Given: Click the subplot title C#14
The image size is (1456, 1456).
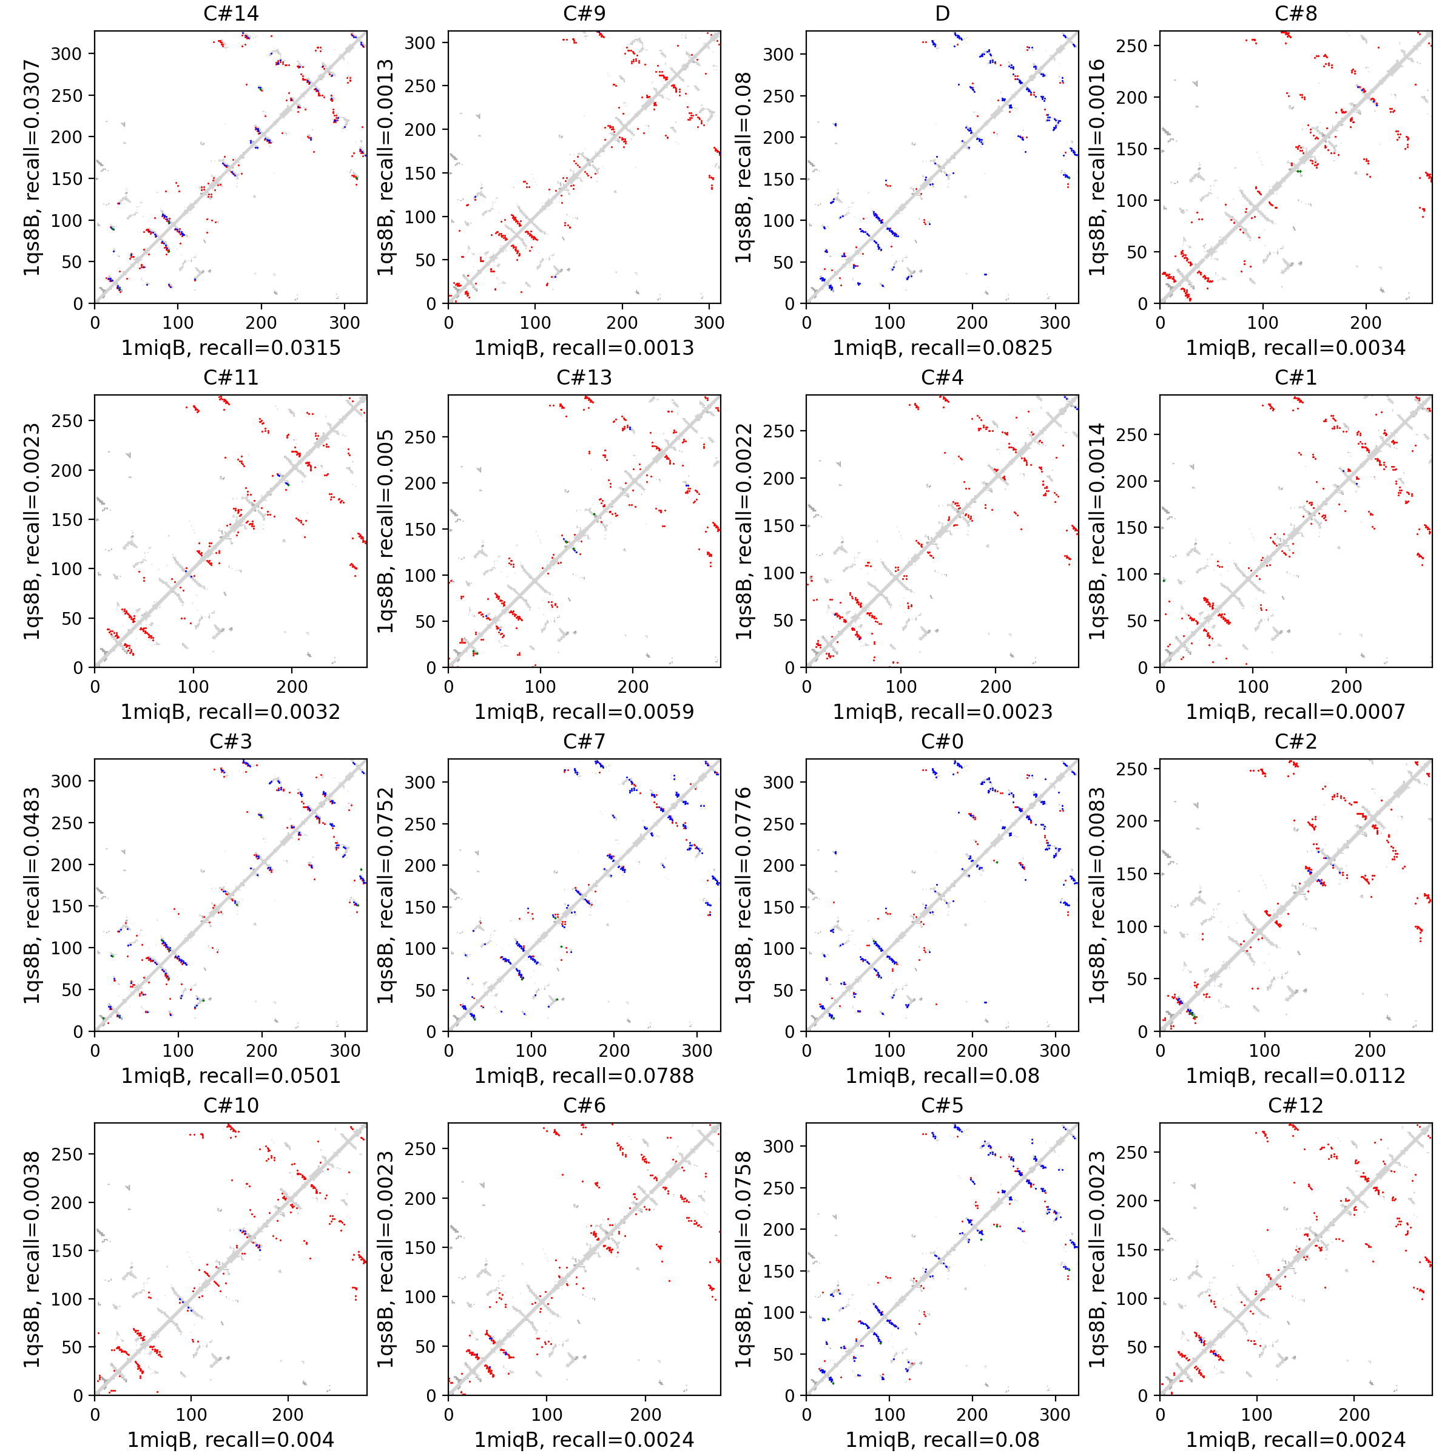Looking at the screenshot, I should [x=231, y=13].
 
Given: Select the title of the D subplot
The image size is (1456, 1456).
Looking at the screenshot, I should [x=942, y=13].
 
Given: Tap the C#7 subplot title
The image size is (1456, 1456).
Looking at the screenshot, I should [x=584, y=741].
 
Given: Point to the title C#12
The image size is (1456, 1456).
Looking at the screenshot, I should [x=1295, y=1105].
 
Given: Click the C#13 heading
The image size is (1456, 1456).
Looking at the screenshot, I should [x=584, y=377].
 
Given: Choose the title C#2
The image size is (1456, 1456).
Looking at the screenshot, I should [x=1295, y=741].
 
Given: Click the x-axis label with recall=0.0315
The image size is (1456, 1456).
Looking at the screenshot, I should [x=231, y=348].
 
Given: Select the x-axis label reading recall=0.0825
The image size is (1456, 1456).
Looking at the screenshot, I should [x=942, y=348].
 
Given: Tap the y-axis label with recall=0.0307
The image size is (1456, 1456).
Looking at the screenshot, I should [x=32, y=167].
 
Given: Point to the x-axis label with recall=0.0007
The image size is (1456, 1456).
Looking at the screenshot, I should [x=1295, y=712].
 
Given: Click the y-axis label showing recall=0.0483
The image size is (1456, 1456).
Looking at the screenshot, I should [x=32, y=895].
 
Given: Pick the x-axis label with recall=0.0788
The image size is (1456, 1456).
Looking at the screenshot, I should [x=584, y=1076].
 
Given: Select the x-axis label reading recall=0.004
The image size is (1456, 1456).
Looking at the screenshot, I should [x=231, y=1440].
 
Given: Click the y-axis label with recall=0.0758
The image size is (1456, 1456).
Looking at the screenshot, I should [x=743, y=1259].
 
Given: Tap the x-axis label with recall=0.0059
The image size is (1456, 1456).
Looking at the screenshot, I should [x=584, y=712].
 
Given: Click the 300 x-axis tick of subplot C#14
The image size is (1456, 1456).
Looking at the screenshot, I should [x=345, y=323].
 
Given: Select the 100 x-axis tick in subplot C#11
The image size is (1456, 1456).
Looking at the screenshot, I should [x=193, y=687].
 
